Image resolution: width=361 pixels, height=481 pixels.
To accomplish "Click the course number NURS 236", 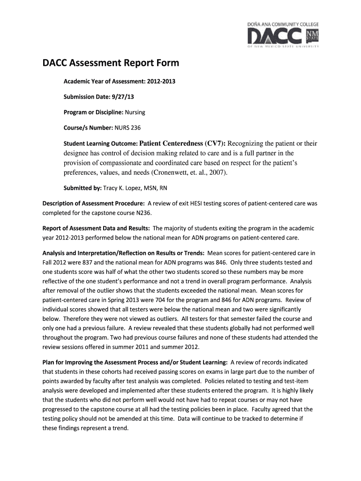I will (128, 128).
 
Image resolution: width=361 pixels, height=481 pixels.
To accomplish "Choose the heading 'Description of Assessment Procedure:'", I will (93, 204).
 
